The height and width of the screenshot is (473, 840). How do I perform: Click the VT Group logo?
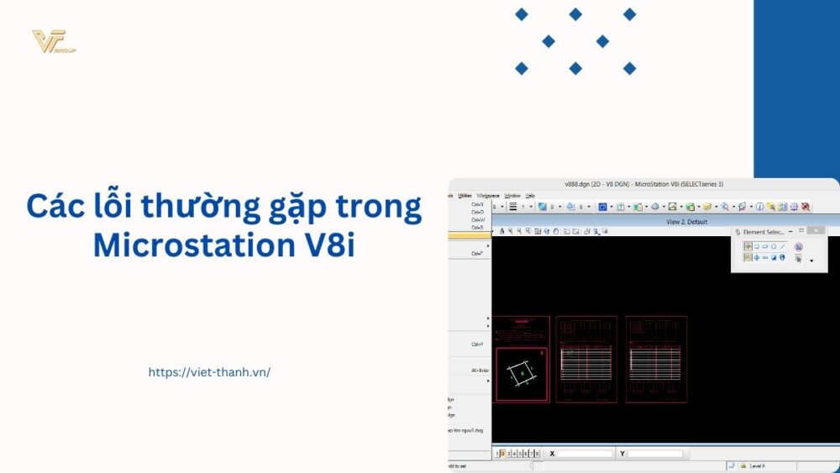[54, 41]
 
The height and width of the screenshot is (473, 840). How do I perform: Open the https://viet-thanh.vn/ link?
[209, 372]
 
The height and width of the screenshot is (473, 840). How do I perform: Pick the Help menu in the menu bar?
[530, 195]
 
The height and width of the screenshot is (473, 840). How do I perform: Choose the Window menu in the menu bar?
[512, 195]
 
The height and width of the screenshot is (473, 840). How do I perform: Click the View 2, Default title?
[684, 222]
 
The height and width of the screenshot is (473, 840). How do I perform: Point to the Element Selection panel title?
[764, 231]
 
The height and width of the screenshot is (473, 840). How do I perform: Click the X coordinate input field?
[585, 454]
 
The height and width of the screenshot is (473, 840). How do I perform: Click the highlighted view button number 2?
[503, 454]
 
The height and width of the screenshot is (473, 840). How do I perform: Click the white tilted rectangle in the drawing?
[522, 372]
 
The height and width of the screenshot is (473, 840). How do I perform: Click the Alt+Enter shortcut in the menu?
[480, 371]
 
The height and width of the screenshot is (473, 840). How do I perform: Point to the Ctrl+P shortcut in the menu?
[477, 344]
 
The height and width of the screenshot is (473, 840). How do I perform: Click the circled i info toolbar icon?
[759, 207]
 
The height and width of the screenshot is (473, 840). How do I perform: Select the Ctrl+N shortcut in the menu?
[477, 204]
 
